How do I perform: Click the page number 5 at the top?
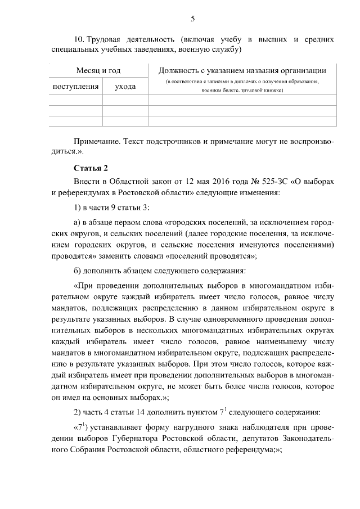pyautogui.click(x=192, y=19)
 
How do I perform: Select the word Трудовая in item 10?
pyautogui.click(x=104, y=40)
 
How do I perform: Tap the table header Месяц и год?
pyautogui.click(x=98, y=71)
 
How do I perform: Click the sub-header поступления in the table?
pyautogui.click(x=75, y=87)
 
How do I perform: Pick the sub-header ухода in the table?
pyautogui.click(x=124, y=87)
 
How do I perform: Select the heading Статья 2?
pyautogui.click(x=90, y=169)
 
